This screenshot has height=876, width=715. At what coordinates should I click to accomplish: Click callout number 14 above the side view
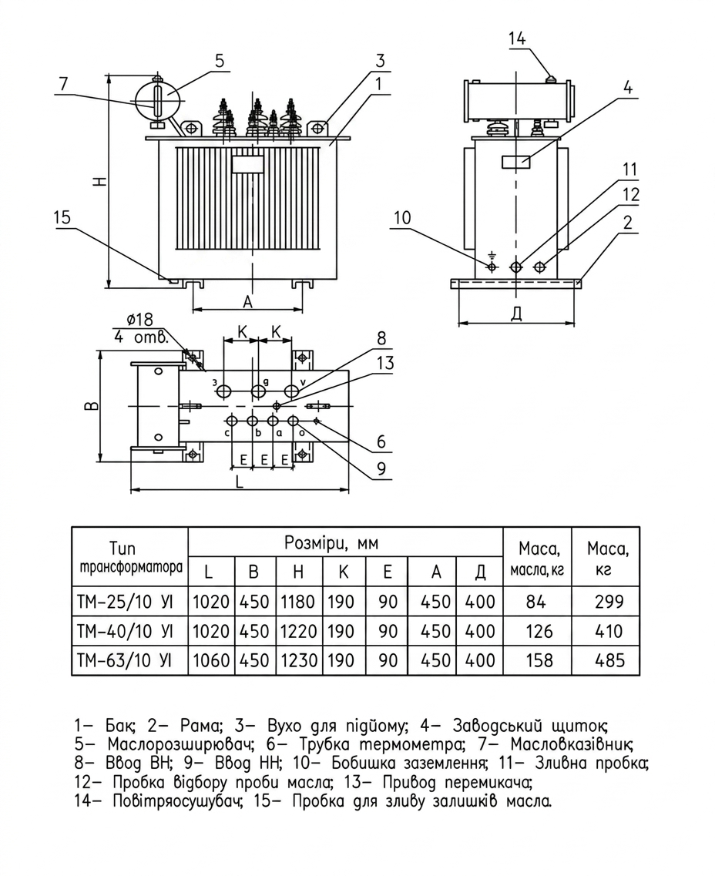tap(517, 39)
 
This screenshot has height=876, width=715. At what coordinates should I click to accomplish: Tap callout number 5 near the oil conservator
tap(219, 60)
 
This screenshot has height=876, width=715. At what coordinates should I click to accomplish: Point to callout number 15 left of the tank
tap(62, 217)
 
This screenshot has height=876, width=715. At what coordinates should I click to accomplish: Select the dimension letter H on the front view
tap(99, 181)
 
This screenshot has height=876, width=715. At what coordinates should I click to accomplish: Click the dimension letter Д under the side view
tap(517, 314)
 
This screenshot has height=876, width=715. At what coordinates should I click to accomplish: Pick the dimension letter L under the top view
tap(239, 482)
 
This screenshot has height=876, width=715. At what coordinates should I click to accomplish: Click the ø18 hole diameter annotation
tap(139, 320)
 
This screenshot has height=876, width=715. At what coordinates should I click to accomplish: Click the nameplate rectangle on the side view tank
tap(516, 163)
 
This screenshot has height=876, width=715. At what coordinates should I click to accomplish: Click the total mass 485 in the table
tap(609, 660)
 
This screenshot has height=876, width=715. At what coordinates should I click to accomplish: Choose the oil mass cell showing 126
tap(539, 631)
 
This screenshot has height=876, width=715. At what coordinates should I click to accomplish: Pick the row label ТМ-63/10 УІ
tap(124, 660)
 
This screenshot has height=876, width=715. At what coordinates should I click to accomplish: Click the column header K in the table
tap(343, 571)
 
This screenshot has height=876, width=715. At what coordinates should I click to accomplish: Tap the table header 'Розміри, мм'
tap(331, 543)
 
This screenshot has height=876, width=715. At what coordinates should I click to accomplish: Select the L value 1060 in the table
tap(211, 660)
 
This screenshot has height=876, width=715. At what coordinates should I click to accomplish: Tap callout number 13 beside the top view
tap(385, 363)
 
